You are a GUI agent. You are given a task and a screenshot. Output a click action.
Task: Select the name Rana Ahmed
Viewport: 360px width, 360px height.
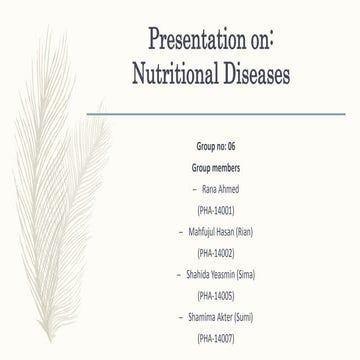[x=222, y=187]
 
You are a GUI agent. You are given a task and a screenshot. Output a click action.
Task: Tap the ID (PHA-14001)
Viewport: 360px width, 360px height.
[x=217, y=209]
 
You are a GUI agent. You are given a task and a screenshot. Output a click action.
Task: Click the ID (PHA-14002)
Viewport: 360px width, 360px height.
[x=217, y=252]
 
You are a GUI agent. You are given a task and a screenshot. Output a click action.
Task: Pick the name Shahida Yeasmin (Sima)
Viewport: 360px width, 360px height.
[x=224, y=273]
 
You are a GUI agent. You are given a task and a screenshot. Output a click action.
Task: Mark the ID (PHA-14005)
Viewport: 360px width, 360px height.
[x=217, y=295]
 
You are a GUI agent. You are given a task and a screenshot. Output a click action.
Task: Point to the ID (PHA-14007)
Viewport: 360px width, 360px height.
[x=217, y=338]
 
